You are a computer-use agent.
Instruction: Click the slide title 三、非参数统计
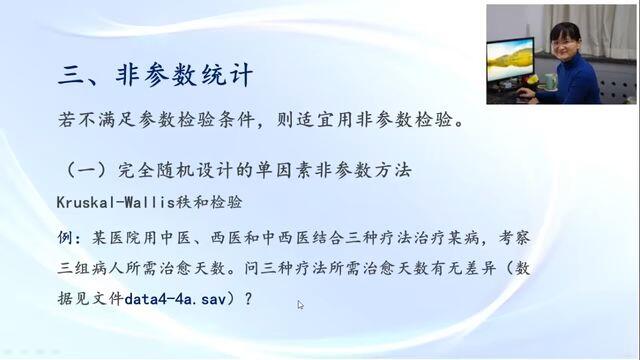(x=155, y=75)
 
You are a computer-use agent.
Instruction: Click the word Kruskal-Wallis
(x=116, y=202)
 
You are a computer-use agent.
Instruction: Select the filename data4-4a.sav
(x=175, y=299)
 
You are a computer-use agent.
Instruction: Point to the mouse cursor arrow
(x=300, y=305)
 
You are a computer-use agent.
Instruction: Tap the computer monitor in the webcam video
(x=510, y=60)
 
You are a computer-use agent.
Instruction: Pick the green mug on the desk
(x=548, y=81)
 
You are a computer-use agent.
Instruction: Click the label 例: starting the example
(x=71, y=238)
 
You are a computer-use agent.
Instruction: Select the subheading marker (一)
(x=85, y=170)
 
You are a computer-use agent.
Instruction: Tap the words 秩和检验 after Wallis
(x=209, y=202)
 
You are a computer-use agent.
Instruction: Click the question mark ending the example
(x=249, y=299)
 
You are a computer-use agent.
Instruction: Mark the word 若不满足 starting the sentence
(x=96, y=120)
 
